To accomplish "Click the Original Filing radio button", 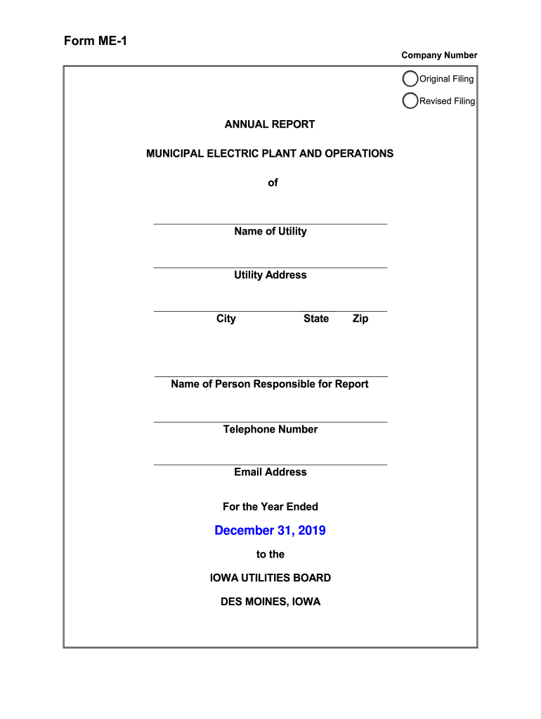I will click(410, 79).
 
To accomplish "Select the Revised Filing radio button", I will click(410, 101).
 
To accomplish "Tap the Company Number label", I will click(439, 55).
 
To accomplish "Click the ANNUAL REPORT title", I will click(270, 124).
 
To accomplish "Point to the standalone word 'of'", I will click(273, 183).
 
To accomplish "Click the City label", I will click(226, 319).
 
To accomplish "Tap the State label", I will click(316, 319).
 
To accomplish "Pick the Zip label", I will click(360, 319).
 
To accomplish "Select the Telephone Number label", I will click(270, 429).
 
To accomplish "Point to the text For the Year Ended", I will click(270, 506).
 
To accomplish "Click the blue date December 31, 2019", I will click(270, 530).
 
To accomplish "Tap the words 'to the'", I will click(270, 554).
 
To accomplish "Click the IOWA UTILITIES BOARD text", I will click(270, 578).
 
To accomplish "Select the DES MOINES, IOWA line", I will click(270, 602).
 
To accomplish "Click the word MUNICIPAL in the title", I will click(174, 153).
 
